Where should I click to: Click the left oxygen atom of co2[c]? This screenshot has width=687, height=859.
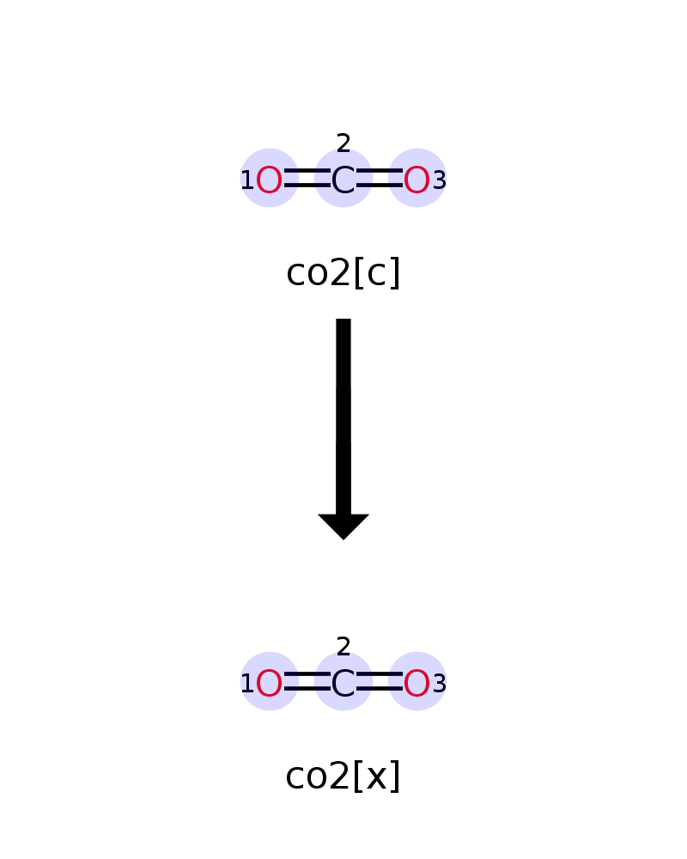tap(269, 180)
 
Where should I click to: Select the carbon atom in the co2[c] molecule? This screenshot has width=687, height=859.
tap(343, 180)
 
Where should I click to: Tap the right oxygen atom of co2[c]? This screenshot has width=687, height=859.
tap(416, 180)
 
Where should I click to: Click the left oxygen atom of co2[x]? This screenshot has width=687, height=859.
tap(269, 684)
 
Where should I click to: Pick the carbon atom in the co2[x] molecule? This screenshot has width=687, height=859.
tap(343, 684)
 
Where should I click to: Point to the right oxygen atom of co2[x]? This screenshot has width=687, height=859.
tap(416, 684)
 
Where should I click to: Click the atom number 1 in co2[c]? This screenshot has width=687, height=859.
tap(247, 180)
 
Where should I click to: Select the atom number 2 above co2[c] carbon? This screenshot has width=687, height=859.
tap(343, 143)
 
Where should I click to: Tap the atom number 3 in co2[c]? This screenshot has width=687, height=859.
tap(440, 180)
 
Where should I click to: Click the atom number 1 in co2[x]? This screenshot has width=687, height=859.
tap(247, 684)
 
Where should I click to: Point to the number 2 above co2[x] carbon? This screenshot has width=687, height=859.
tap(343, 647)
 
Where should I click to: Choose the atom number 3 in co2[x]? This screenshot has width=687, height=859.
tap(440, 684)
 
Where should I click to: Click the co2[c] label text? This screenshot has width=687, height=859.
tap(343, 273)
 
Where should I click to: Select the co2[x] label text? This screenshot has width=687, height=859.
tap(343, 776)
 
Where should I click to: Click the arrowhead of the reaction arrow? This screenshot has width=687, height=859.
tap(343, 527)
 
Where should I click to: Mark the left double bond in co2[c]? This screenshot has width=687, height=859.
tap(307, 178)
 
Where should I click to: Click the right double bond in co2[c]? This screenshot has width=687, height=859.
tap(380, 178)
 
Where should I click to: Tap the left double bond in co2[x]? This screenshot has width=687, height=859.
tap(307, 681)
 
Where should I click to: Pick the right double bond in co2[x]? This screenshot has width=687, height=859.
tap(380, 681)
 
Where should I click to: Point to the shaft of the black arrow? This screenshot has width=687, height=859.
tap(343, 417)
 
